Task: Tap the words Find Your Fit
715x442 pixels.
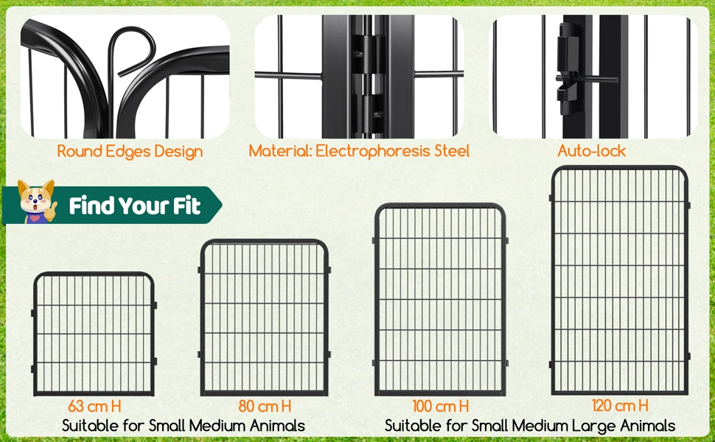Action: [x=135, y=206]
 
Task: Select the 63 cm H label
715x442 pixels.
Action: [x=95, y=406]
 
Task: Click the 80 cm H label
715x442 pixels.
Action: [x=265, y=406]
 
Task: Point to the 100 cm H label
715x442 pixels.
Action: [x=441, y=406]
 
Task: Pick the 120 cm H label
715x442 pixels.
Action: [x=620, y=405]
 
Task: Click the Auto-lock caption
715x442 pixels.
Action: [x=591, y=151]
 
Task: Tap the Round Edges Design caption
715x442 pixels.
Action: [x=130, y=151]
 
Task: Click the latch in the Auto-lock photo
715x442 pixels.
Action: [x=568, y=69]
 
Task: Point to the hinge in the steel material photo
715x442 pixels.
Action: [x=366, y=77]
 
